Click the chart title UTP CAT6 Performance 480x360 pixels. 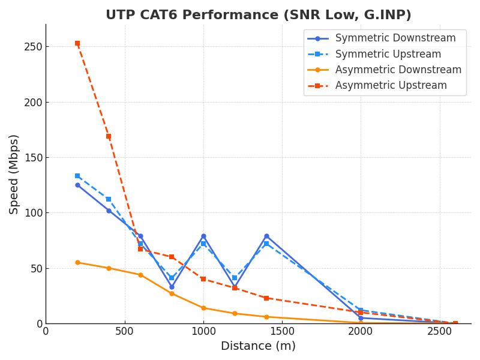[x=258, y=15]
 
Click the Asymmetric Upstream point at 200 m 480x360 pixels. [x=77, y=43]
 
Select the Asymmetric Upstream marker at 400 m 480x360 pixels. [x=109, y=136]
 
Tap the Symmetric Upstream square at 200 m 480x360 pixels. [x=77, y=176]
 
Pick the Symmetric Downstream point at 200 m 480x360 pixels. [x=77, y=185]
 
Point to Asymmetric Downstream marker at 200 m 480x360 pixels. [x=77, y=262]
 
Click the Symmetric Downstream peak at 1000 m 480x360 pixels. [x=203, y=236]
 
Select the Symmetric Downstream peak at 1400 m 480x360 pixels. [x=266, y=236]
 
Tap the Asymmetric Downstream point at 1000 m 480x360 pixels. [x=203, y=308]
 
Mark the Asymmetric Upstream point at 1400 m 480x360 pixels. [x=266, y=298]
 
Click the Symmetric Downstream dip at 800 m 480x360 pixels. [x=172, y=287]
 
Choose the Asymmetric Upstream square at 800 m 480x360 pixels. [x=172, y=257]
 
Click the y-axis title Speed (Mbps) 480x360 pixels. [x=14, y=174]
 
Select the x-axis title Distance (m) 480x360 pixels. [x=258, y=346]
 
